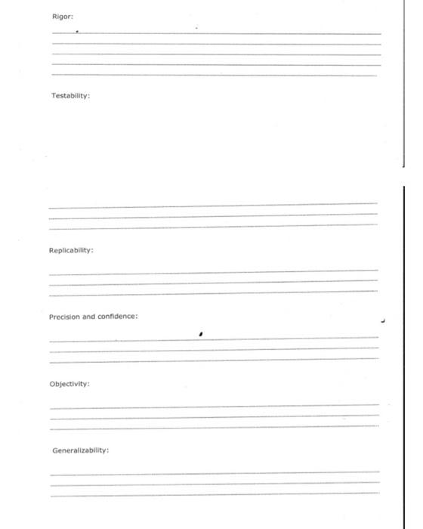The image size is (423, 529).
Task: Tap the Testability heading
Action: click(71, 96)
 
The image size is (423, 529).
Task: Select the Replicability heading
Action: click(72, 249)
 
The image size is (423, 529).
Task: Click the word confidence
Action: click(118, 317)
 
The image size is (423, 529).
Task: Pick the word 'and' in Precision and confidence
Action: click(91, 317)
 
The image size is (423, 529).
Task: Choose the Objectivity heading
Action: click(69, 384)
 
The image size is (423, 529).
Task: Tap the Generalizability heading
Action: click(81, 450)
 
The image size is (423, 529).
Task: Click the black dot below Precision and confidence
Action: click(201, 330)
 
